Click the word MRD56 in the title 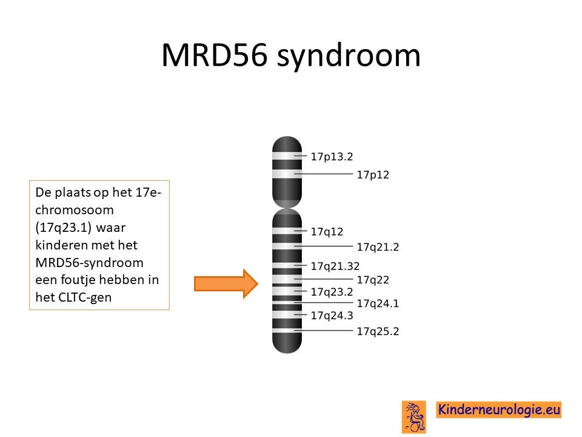coord(215,55)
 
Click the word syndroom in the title coord(349,56)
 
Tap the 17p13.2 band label coord(332,157)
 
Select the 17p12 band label coord(373,175)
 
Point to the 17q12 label coord(327,232)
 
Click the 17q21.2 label coord(378,247)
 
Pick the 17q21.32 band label coord(335,266)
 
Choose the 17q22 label coord(373,280)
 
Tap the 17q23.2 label coord(332,292)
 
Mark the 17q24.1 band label coord(378,303)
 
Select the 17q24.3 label coord(332,316)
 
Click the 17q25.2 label coord(378,331)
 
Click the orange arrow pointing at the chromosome coord(226,284)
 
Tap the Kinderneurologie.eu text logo coord(499,410)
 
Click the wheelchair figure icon coord(414,417)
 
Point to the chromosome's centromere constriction coord(287,208)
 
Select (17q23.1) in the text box coord(64,228)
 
